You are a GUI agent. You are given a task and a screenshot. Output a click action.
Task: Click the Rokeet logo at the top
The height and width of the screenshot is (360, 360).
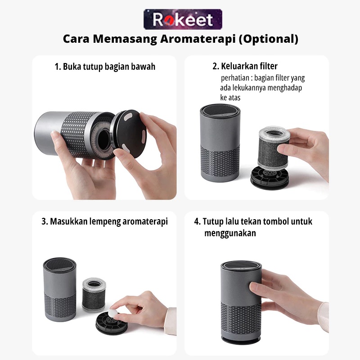point(183,19)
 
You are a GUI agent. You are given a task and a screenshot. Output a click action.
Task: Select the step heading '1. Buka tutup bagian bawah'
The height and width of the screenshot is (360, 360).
point(105,67)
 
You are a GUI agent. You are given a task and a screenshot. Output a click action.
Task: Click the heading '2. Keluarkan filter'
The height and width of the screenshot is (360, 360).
point(245,67)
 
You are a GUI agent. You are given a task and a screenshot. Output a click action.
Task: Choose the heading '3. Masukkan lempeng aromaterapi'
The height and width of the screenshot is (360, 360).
point(104,221)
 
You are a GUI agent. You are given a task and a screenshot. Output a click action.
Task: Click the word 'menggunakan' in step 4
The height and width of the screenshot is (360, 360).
point(230,234)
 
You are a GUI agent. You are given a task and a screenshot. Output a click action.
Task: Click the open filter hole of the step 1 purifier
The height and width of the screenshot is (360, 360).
point(104,135)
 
